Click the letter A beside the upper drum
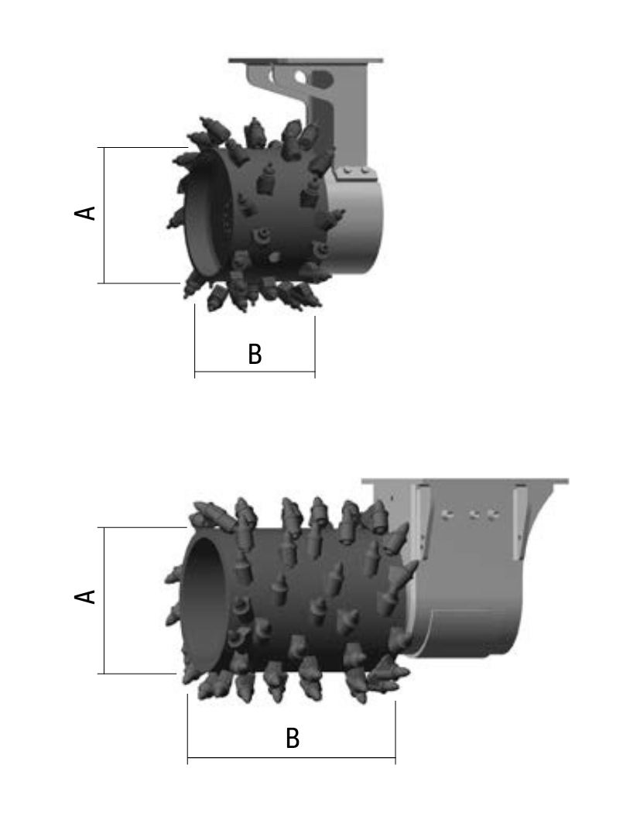[84, 213]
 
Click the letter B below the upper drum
[255, 354]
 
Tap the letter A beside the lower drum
[84, 596]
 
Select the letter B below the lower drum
[293, 739]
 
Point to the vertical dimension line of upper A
[104, 215]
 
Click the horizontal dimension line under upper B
[255, 372]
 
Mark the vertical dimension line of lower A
[104, 600]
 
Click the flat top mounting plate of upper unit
[306, 60]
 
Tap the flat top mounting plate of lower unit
[465, 481]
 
